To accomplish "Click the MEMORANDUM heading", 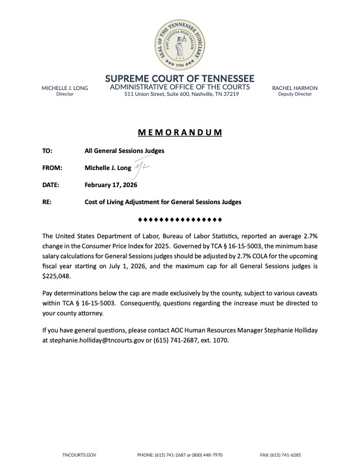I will (x=180, y=132).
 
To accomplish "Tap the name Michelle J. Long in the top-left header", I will (x=65, y=88).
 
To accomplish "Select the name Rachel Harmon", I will (x=295, y=88).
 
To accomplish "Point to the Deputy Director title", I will (x=295, y=94).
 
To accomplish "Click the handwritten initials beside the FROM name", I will (x=143, y=168).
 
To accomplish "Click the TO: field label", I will (x=48, y=151).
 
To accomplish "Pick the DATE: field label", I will (x=52, y=185).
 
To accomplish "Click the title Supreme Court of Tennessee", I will (x=180, y=78).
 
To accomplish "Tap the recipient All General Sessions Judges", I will (x=124, y=151).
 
